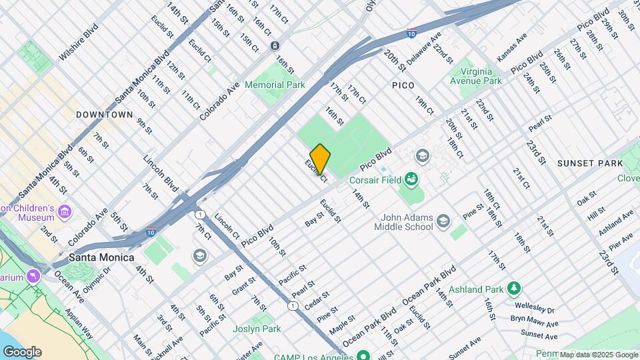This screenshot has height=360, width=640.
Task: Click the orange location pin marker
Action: click(320, 159)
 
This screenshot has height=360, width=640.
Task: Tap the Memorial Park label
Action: click(275, 85)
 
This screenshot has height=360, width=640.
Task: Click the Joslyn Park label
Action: click(257, 329)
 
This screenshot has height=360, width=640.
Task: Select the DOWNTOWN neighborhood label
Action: click(104, 115)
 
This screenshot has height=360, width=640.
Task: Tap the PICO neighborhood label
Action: click(403, 85)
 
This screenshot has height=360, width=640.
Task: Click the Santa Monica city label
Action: click(102, 257)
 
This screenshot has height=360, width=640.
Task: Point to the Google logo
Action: click(22, 351)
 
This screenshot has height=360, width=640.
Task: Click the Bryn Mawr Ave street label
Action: click(533, 321)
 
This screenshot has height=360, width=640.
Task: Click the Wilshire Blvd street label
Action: click(79, 42)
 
